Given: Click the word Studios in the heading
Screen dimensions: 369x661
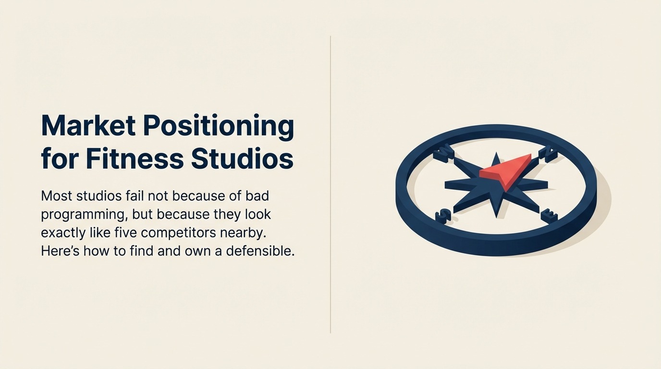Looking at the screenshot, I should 242,159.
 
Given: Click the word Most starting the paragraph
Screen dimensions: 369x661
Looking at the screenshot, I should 57,196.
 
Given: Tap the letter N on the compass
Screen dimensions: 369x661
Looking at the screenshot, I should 547,154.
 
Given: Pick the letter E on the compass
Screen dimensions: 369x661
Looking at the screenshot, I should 548,216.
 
